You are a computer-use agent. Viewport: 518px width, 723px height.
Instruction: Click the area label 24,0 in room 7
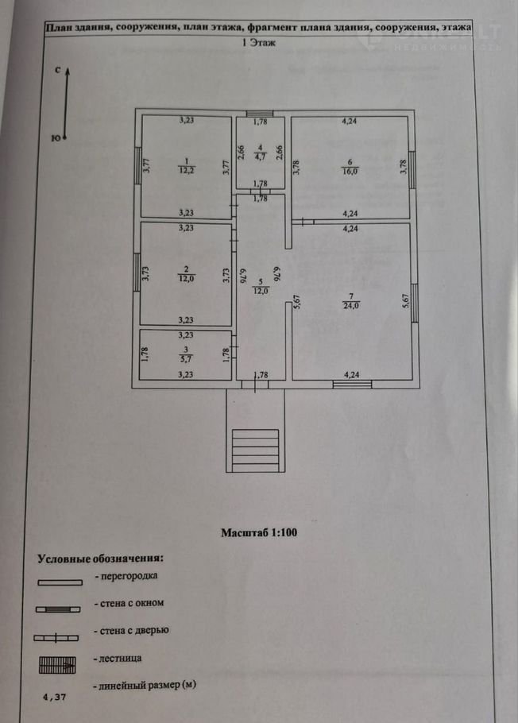pyautogui.click(x=350, y=304)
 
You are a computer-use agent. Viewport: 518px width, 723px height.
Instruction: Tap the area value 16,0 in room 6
pyautogui.click(x=350, y=169)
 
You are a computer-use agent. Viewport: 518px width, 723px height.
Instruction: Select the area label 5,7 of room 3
pyautogui.click(x=184, y=358)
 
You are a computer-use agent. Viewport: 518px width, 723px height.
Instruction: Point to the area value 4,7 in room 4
pyautogui.click(x=260, y=157)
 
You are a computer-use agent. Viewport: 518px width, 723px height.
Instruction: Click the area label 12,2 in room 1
pyautogui.click(x=184, y=169)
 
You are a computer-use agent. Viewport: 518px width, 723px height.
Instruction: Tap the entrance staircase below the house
pyautogui.click(x=254, y=450)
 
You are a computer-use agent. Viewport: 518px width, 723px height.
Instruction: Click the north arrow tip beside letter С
pyautogui.click(x=68, y=70)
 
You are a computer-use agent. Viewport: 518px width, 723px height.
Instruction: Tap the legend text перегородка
pyautogui.click(x=126, y=575)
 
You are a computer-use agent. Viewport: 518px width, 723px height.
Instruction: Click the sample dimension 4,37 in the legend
pyautogui.click(x=55, y=696)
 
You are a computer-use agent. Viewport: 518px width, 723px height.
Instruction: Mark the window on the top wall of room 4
pyautogui.click(x=259, y=113)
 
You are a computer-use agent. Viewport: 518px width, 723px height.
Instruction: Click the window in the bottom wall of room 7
pyautogui.click(x=352, y=385)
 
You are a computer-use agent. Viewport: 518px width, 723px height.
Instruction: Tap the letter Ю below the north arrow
pyautogui.click(x=54, y=138)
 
